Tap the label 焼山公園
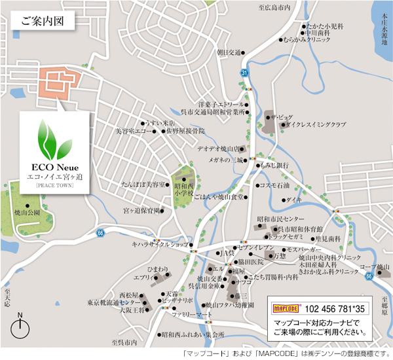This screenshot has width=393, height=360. coord(27,213)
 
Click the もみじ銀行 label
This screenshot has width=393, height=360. coord(274,166)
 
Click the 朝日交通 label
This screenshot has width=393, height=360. coord(229,52)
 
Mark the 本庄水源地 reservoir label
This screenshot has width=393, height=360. coord(379,29)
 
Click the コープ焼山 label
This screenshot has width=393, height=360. coord(375,267)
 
